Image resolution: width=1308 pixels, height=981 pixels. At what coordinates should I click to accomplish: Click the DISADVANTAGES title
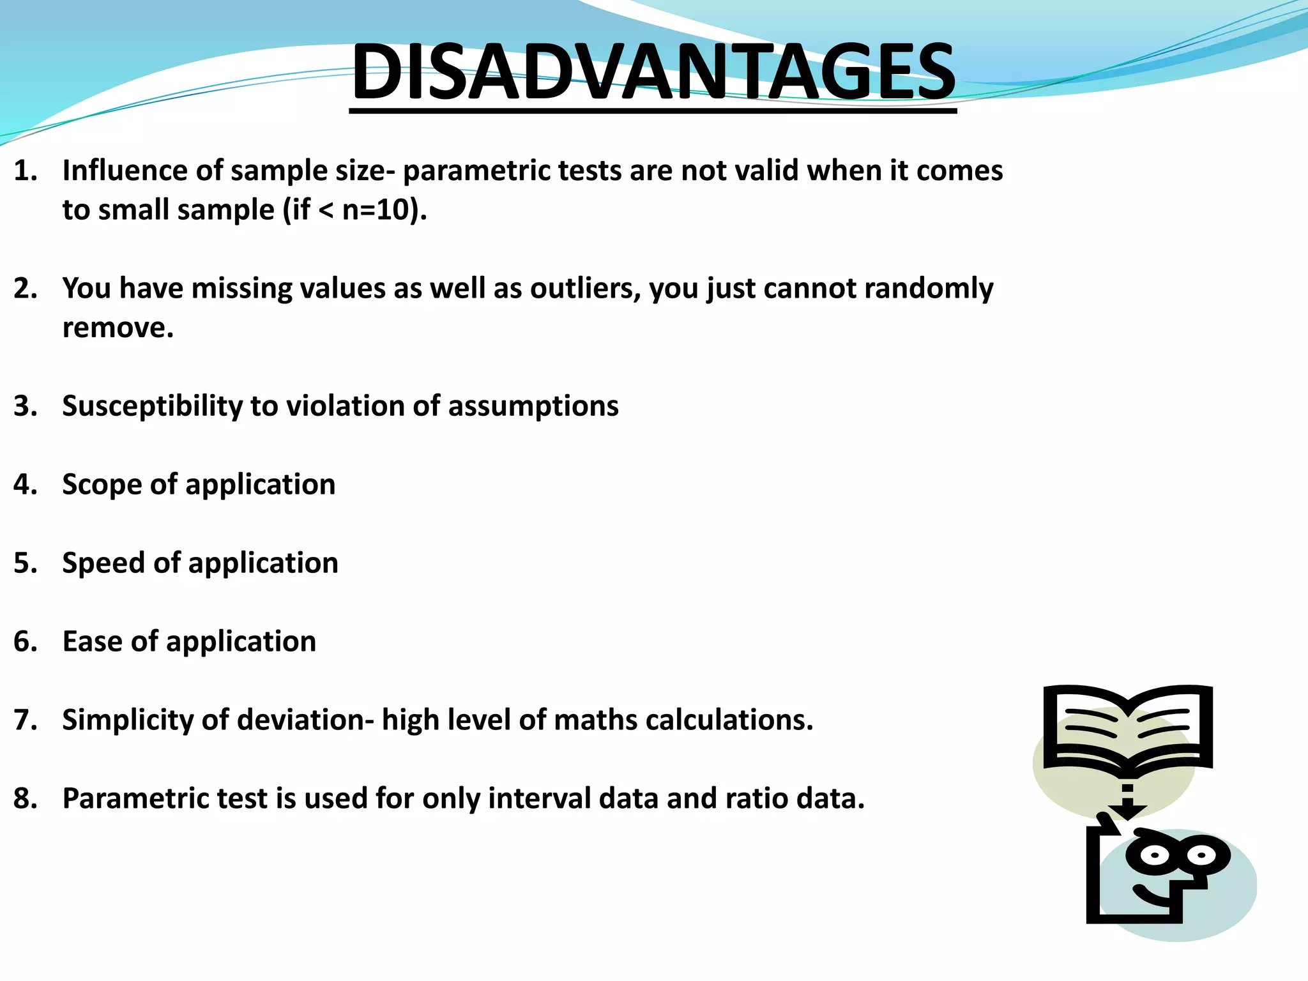pos(653,72)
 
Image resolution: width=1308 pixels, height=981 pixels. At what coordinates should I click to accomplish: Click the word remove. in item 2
pos(118,328)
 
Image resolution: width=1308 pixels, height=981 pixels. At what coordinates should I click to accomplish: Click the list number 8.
pos(24,799)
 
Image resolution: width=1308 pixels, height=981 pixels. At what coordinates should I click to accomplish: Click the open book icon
pos(1127,728)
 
